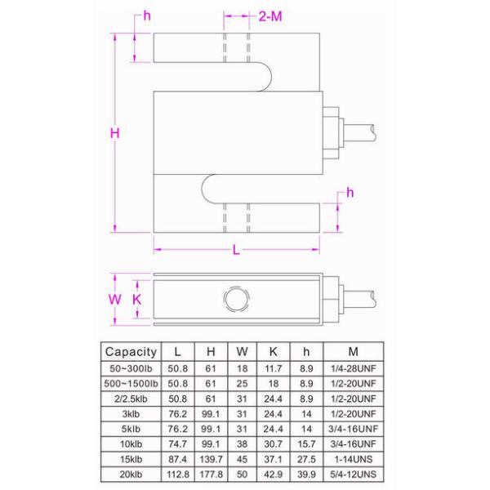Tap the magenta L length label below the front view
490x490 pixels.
[x=236, y=252]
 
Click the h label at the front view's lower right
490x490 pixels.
[x=350, y=192]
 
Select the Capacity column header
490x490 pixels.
[x=131, y=352]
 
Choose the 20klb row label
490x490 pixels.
[x=131, y=474]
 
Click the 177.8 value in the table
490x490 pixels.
[x=211, y=474]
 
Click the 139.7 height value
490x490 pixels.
[x=211, y=459]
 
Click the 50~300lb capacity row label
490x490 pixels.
[x=131, y=368]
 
